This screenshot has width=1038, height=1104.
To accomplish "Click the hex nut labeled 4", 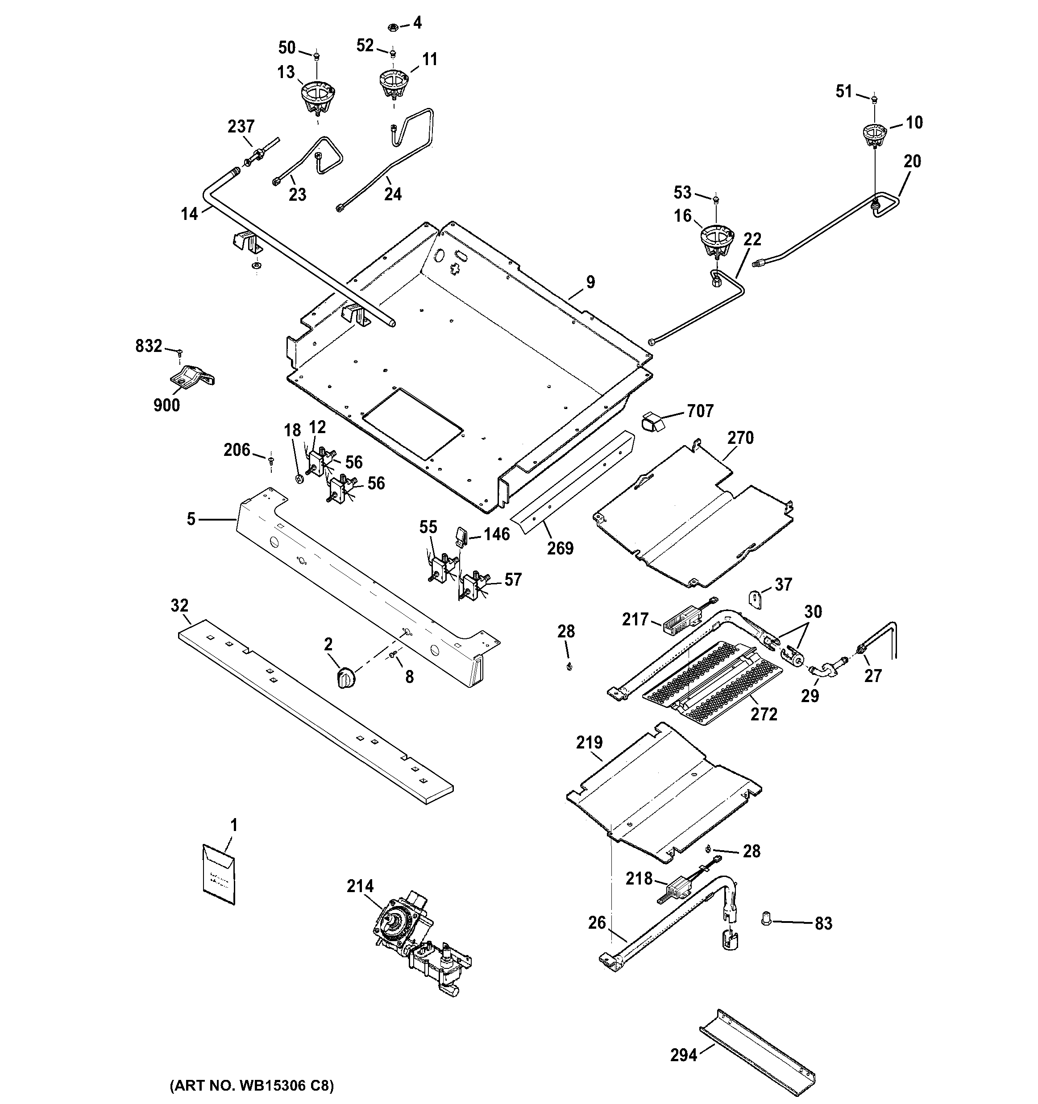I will click(x=392, y=26).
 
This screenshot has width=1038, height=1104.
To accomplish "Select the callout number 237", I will click(x=241, y=127).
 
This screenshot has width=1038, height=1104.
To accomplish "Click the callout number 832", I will click(x=148, y=347).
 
